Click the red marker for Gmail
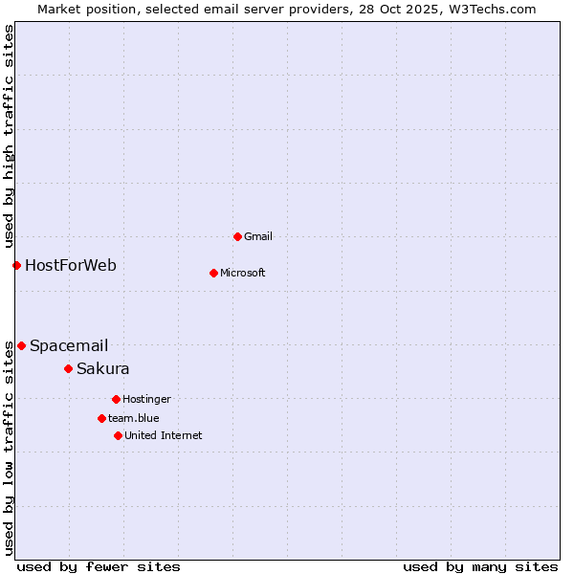coord(237,236)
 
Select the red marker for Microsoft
coord(213,273)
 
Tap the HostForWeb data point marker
coord(16,265)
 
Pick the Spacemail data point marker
coord(21,345)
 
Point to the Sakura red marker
coord(68,368)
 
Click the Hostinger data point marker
coord(116,399)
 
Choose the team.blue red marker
coord(101,418)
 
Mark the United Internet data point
coord(118,435)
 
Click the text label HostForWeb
coord(71,265)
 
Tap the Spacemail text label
coord(69,345)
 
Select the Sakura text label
coord(103,368)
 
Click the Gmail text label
coord(258,236)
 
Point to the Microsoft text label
coord(243,273)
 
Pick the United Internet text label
coord(164,435)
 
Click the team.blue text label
coord(134,418)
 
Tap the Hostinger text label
coord(146,399)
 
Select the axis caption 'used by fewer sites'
coord(99,566)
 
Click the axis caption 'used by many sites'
coord(480,566)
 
